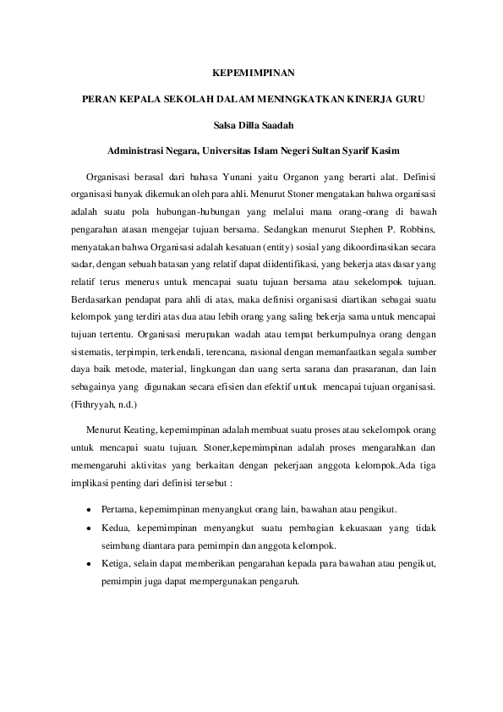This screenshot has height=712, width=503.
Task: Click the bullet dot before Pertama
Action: [90, 510]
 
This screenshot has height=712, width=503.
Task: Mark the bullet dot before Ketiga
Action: [90, 563]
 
